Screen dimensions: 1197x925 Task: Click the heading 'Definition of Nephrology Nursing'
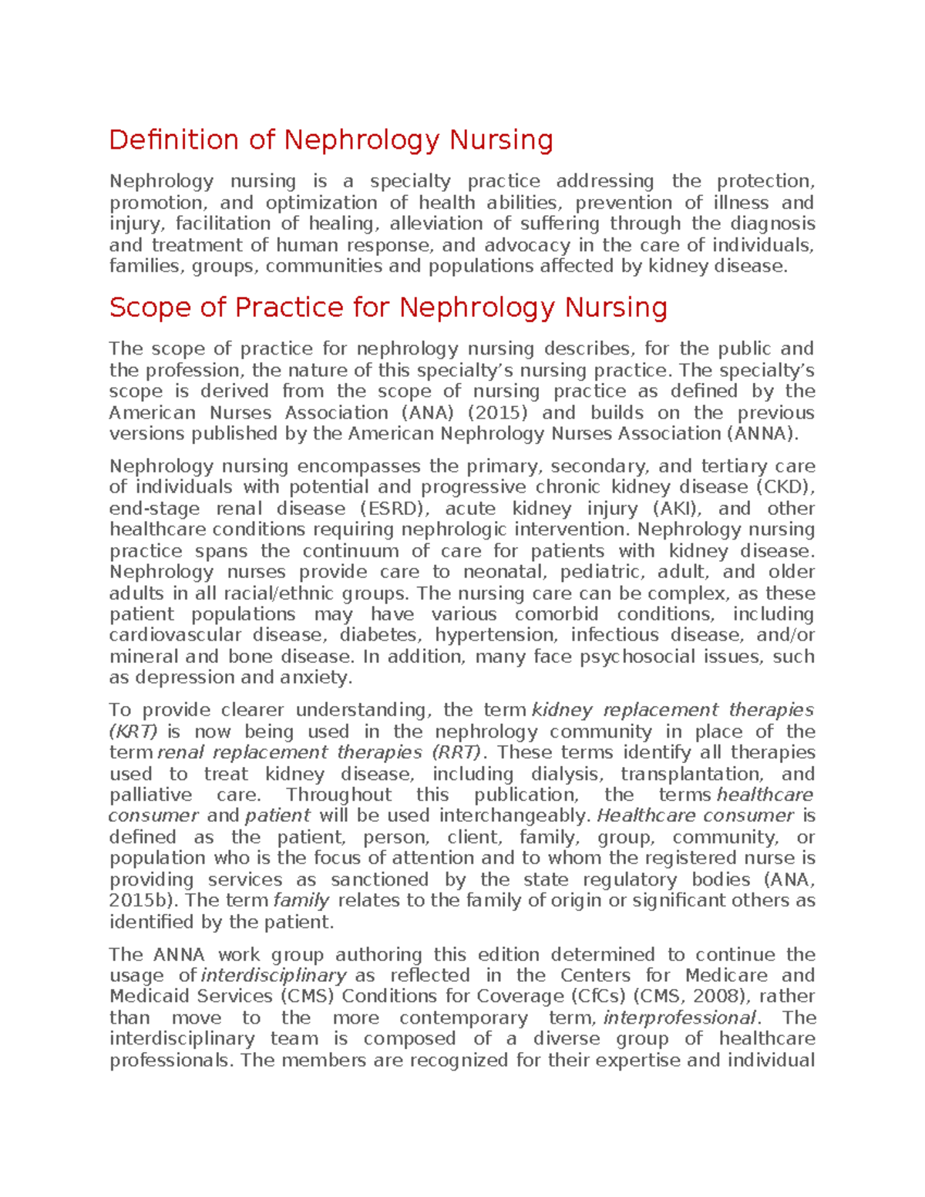pyautogui.click(x=331, y=140)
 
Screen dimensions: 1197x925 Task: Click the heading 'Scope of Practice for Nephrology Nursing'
pyautogui.click(x=388, y=308)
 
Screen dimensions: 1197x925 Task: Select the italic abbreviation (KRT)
pyautogui.click(x=133, y=731)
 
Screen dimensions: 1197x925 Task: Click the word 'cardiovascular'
pyautogui.click(x=175, y=635)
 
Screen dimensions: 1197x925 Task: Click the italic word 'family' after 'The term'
pyautogui.click(x=301, y=901)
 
